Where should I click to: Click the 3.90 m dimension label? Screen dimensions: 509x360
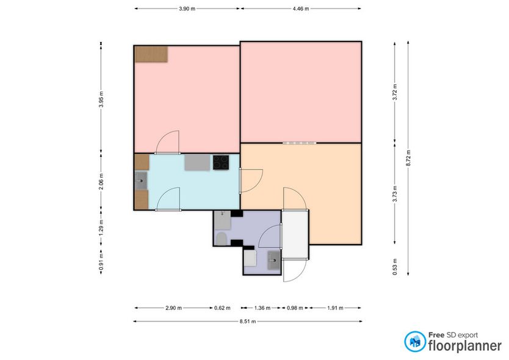click(187, 9)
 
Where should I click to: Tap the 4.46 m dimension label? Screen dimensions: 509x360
click(301, 9)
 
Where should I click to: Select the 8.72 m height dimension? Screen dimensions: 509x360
click(408, 158)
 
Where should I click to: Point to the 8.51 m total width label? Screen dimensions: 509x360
click(248, 322)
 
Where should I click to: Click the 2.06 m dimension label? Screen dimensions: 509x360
click(101, 181)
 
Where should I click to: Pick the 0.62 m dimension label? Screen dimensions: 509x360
click(222, 308)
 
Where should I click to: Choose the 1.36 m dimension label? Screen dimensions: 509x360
click(262, 308)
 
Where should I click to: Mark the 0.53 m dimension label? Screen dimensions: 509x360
click(395, 267)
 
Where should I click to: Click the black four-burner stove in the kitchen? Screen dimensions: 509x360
click(221, 162)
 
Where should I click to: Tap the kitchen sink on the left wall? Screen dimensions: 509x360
click(141, 181)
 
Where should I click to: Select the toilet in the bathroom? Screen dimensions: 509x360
click(222, 239)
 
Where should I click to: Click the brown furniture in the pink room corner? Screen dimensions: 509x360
click(151, 54)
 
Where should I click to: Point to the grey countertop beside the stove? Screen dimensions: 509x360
click(197, 162)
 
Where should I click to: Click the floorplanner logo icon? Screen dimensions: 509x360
click(415, 342)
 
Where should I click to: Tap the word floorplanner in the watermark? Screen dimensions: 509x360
click(465, 346)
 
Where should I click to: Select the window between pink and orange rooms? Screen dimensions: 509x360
click(299, 143)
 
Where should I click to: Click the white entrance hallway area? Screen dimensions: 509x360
click(295, 234)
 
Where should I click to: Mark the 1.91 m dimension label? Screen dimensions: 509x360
click(335, 308)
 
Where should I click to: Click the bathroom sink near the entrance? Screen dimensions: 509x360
click(274, 260)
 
